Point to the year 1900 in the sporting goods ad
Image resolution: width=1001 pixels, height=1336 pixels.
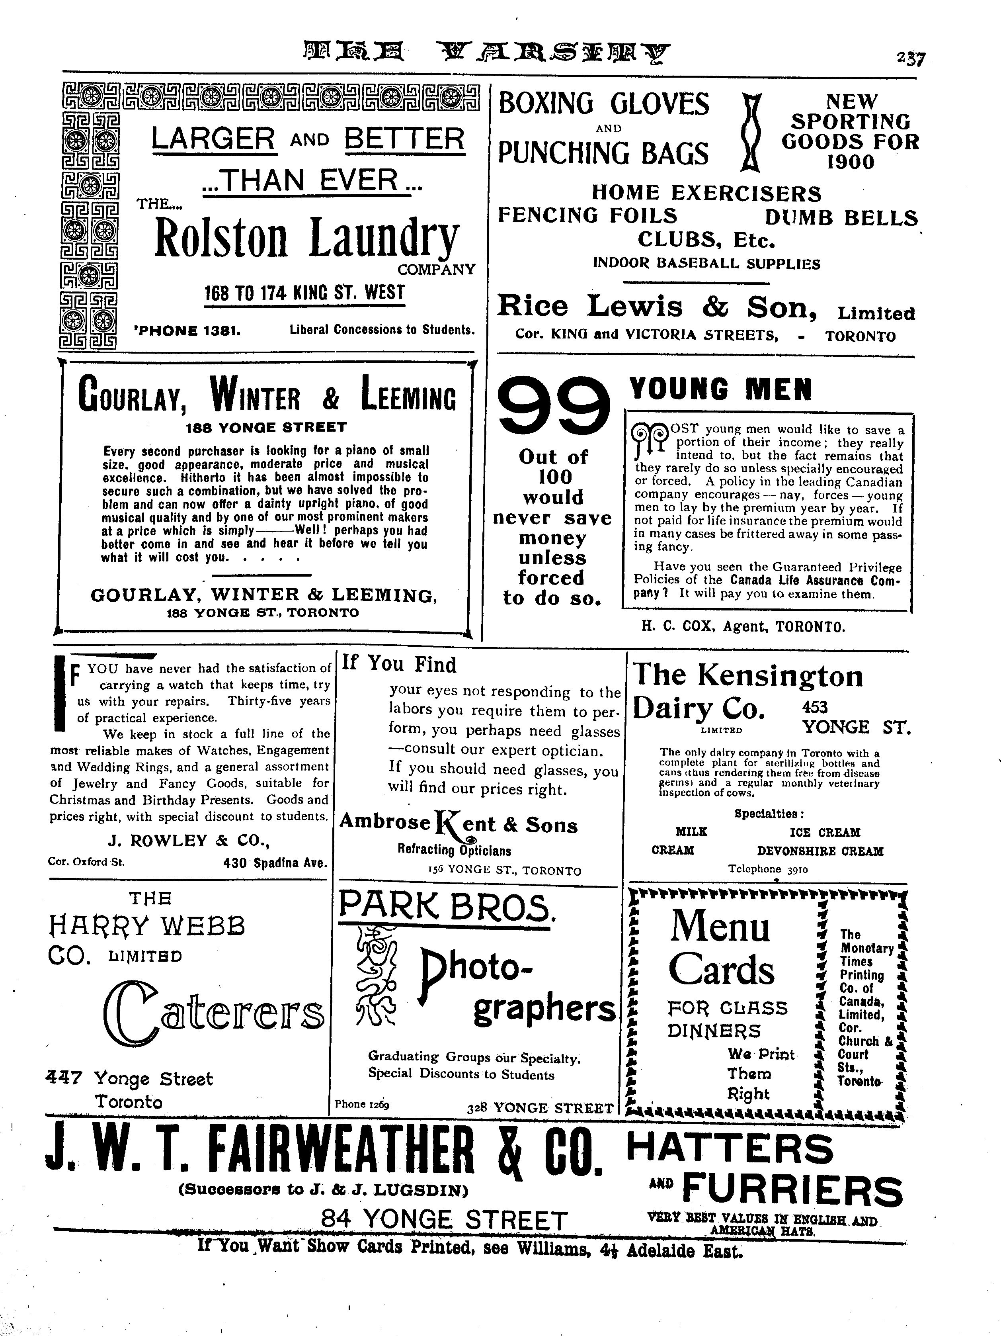coord(850,162)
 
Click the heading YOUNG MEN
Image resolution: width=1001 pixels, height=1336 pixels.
coord(720,389)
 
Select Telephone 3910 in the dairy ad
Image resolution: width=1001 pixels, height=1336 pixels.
coord(767,869)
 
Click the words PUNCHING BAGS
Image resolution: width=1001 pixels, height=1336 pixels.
coord(603,153)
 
